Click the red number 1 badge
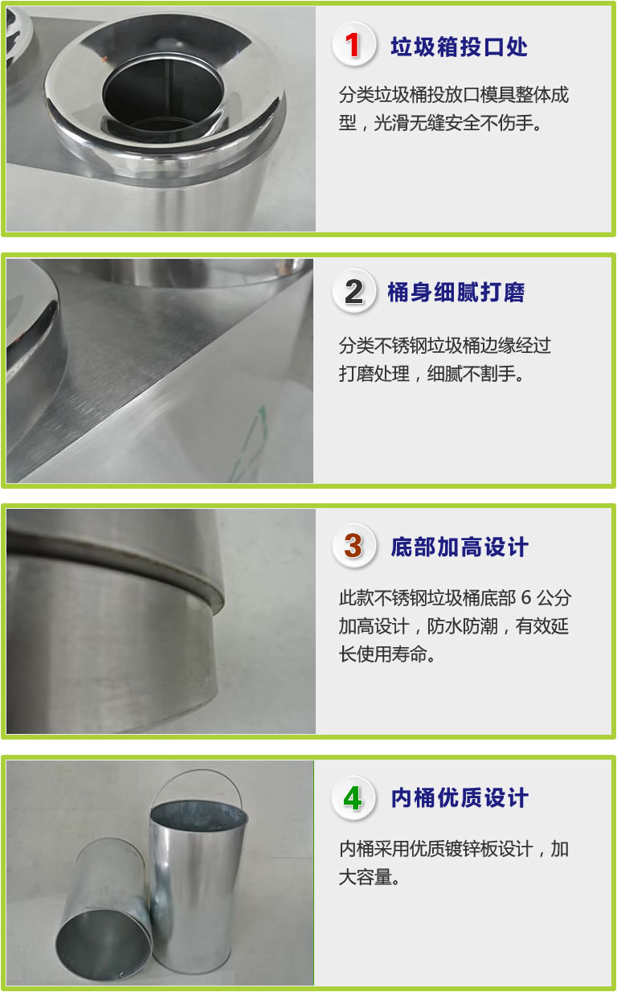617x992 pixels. (353, 44)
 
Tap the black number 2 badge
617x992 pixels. (353, 291)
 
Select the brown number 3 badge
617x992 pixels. (353, 546)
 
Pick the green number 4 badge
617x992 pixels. (353, 797)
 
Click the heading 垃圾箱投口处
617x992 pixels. (459, 47)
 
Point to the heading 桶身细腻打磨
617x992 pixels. (456, 293)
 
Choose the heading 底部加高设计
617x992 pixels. (459, 547)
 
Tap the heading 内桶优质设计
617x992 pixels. (460, 798)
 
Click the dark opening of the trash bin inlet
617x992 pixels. (164, 93)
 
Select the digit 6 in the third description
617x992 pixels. (526, 598)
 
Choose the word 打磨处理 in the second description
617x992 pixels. (374, 374)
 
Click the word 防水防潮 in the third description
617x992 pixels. (462, 626)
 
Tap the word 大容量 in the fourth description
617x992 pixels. (366, 877)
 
